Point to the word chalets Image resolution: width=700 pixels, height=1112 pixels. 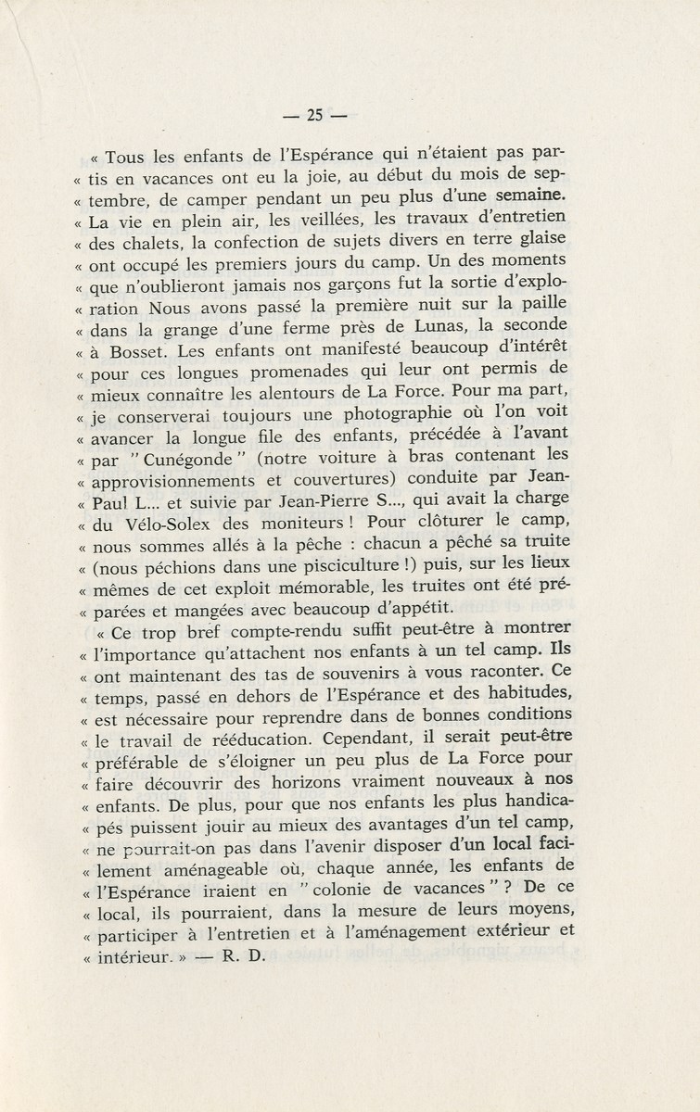(146, 246)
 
